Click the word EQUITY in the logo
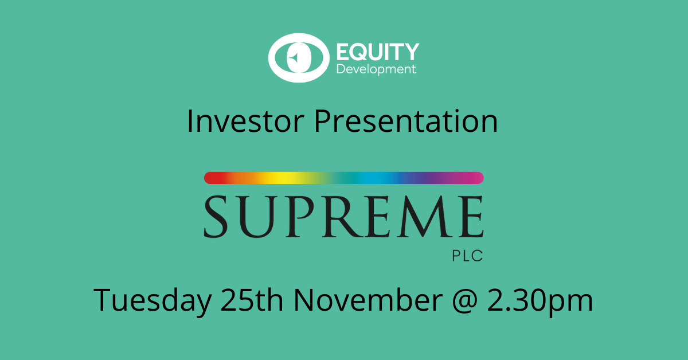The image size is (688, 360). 376,52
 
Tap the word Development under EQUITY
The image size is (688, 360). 376,70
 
